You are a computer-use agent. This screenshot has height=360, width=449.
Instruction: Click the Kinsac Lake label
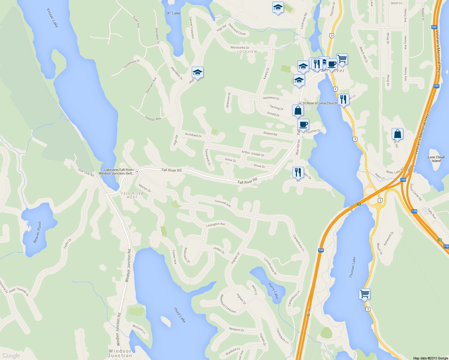[52, 18]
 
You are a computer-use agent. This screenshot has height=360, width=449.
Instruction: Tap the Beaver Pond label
[38, 232]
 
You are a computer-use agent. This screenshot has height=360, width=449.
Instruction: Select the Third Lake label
[179, 315]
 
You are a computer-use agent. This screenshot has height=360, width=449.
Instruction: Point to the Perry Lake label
[273, 291]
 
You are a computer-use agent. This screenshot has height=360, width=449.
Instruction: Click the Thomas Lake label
[353, 267]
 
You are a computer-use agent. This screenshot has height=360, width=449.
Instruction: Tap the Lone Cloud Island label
[436, 159]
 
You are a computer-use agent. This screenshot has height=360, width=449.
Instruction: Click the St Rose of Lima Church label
[319, 103]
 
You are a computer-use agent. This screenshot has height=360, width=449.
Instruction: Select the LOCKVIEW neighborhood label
[247, 52]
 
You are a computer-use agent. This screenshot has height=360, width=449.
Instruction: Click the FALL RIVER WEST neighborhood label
[132, 195]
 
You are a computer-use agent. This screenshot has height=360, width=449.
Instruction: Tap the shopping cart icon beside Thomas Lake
[364, 294]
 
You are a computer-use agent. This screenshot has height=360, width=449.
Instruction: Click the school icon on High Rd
[197, 72]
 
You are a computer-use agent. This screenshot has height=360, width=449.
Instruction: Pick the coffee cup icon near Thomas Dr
[303, 124]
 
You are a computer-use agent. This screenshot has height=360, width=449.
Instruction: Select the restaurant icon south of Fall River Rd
[298, 172]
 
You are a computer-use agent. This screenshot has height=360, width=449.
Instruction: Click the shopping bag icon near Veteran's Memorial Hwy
[397, 134]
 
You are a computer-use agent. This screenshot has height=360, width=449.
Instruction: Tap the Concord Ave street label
[223, 203]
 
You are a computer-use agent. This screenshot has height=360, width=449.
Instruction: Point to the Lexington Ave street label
[215, 224]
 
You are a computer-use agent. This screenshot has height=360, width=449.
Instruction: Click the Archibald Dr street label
[193, 135]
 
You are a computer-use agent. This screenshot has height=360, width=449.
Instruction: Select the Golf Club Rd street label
[86, 172]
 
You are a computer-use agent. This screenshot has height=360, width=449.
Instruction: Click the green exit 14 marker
[440, 240]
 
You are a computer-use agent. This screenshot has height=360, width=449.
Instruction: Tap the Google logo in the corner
[11, 355]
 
